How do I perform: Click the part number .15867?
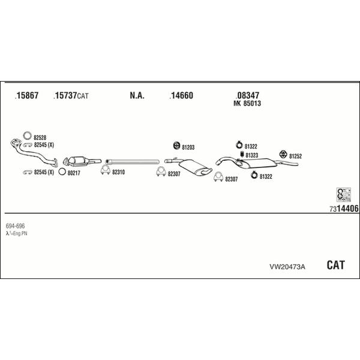click(x=26, y=95)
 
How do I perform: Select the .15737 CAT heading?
click(x=71, y=95)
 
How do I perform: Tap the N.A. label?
click(x=137, y=95)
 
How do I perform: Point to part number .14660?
click(x=181, y=95)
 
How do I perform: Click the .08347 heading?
click(x=247, y=95)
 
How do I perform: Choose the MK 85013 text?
click(x=247, y=103)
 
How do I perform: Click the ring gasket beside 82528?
click(x=28, y=132)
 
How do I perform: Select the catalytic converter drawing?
click(x=82, y=161)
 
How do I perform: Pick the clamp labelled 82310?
click(x=106, y=170)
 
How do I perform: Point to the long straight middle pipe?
click(x=132, y=161)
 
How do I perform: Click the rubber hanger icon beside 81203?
click(x=176, y=145)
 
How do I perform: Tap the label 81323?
click(x=252, y=155)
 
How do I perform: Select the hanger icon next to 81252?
click(x=283, y=155)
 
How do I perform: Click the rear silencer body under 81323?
click(x=259, y=163)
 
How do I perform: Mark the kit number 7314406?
click(x=344, y=208)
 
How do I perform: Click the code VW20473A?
click(x=287, y=267)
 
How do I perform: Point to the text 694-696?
click(x=15, y=226)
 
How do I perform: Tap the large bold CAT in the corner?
click(x=335, y=265)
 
